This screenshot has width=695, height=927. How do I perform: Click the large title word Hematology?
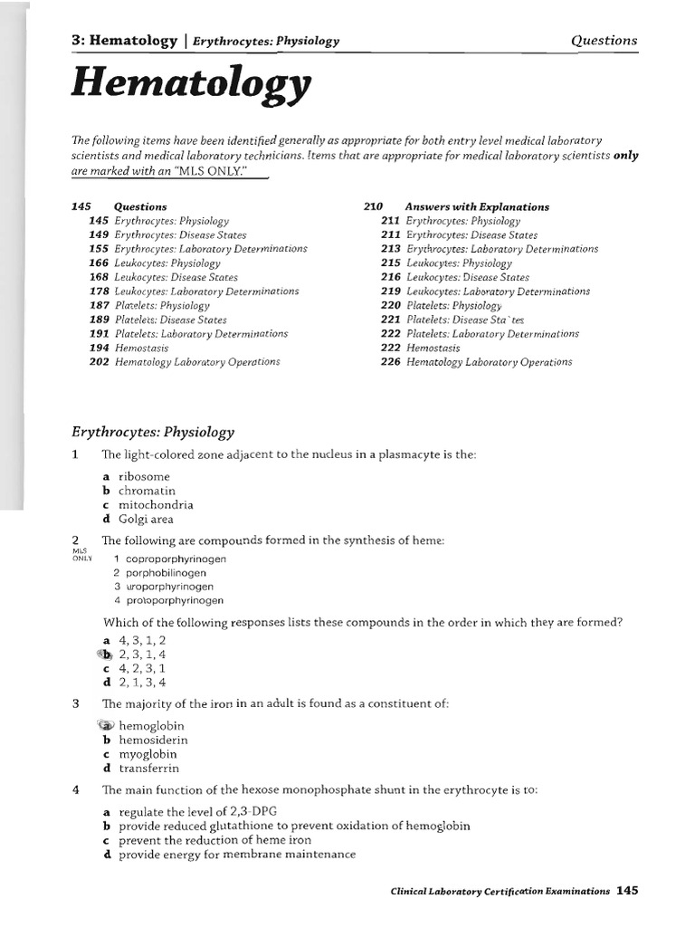(x=190, y=86)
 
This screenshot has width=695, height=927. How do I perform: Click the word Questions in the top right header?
(x=604, y=40)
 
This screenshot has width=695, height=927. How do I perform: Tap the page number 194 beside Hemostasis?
(x=99, y=348)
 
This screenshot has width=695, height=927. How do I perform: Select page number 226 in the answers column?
(x=390, y=362)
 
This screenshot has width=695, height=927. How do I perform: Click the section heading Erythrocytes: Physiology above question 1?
(x=152, y=432)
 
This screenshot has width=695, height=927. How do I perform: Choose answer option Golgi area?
(x=146, y=520)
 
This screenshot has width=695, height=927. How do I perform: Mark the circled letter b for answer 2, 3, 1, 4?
(x=106, y=654)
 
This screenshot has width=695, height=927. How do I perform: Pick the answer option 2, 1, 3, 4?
(x=142, y=683)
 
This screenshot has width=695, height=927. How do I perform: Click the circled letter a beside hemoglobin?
(x=106, y=725)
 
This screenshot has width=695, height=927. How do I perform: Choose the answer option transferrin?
(x=149, y=769)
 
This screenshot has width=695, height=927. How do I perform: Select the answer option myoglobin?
(x=148, y=754)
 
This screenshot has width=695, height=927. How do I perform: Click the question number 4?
(x=76, y=789)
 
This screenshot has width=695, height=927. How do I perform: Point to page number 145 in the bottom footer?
(x=627, y=891)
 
